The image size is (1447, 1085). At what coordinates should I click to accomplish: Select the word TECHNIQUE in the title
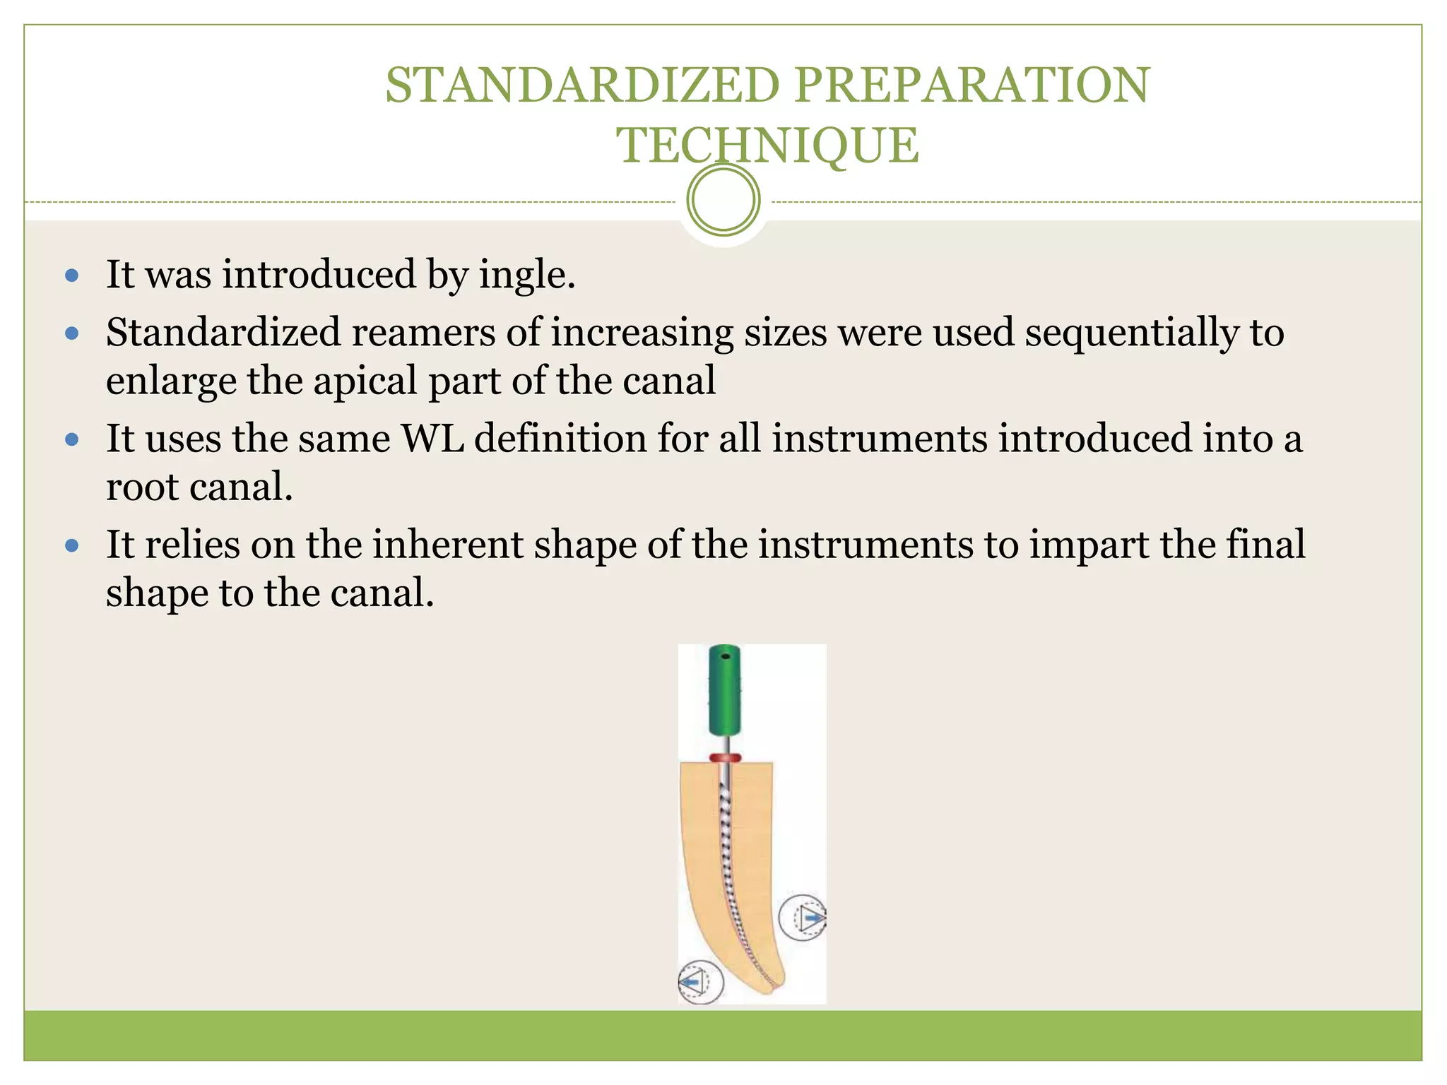pos(768,146)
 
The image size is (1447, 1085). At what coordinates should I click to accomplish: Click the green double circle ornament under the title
pos(723,200)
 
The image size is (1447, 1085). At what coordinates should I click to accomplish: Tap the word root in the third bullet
pos(138,487)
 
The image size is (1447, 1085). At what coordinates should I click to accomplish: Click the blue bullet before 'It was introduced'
pos(72,275)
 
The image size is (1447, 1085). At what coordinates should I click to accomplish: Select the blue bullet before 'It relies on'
pos(72,545)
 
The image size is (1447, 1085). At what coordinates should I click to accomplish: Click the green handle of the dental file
pos(724,689)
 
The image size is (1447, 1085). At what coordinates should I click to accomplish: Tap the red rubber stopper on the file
pos(726,759)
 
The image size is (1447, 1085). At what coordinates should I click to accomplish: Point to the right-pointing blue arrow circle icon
pos(803,918)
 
